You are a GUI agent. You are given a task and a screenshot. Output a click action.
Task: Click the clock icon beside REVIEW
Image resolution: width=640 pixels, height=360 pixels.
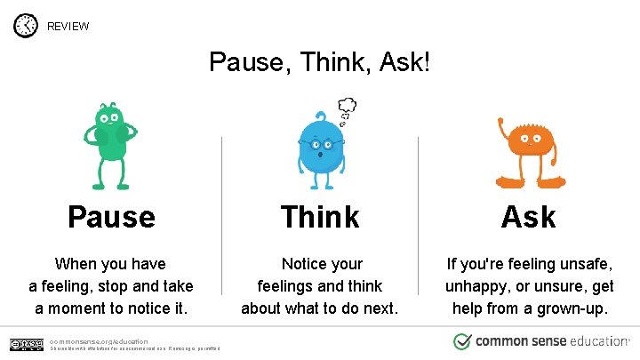26,26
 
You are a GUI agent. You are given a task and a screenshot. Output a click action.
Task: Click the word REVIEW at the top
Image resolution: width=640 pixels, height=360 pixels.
68,26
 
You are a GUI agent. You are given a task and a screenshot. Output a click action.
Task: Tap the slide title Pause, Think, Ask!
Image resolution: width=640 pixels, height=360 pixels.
319,62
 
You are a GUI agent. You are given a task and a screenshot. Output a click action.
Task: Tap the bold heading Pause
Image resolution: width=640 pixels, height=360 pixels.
111,216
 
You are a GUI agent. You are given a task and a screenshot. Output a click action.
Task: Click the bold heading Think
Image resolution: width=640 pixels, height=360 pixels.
320,216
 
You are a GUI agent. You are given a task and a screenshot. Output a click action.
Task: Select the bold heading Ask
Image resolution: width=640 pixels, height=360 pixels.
529,216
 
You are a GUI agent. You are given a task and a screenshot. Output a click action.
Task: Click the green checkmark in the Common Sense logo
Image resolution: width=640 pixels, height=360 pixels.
462,341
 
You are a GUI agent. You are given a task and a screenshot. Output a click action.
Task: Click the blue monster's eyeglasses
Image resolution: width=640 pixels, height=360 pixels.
319,144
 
